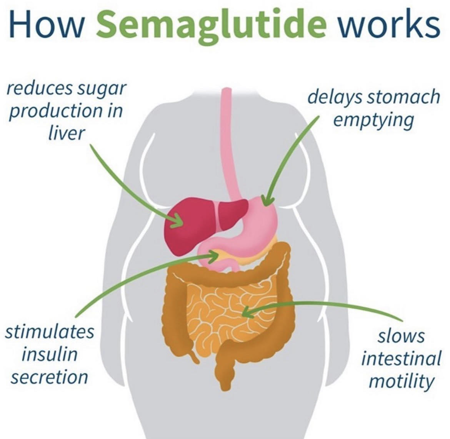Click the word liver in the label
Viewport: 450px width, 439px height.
coord(66,133)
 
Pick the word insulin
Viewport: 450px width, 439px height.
coord(49,354)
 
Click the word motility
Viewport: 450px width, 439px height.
coord(402,381)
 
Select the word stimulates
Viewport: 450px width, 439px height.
coord(49,331)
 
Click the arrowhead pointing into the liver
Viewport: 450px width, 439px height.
coord(178,222)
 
